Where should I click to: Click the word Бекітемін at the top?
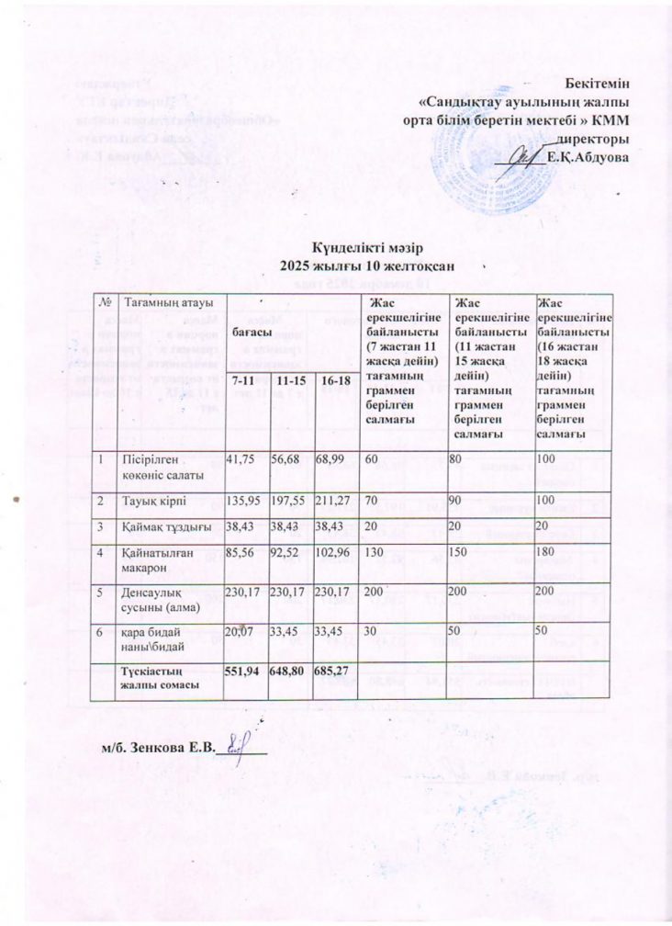click(598, 85)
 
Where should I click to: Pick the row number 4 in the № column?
click(111, 555)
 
